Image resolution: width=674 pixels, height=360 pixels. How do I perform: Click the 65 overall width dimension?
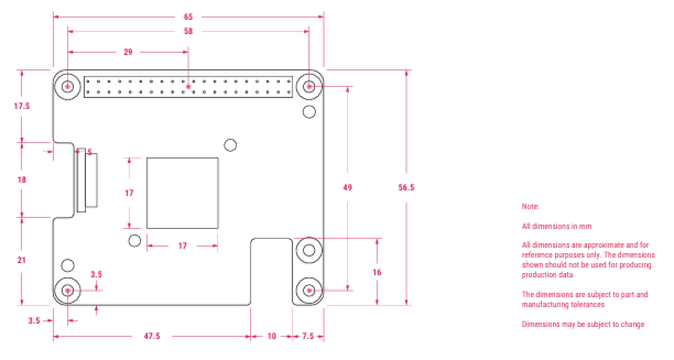coord(188,17)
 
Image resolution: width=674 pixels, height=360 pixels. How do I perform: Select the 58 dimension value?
coord(188,31)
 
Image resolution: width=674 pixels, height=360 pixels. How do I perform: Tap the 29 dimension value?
coord(128,52)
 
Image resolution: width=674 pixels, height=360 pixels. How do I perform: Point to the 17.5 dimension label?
coord(22,106)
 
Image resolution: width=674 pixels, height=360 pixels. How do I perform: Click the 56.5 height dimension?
coord(407,187)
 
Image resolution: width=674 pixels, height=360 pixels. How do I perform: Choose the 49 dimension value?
coord(347,187)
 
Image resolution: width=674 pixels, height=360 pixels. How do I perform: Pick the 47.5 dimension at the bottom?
coord(152,336)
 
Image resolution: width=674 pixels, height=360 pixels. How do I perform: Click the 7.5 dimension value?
coord(308,336)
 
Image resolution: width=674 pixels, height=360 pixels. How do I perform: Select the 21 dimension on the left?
coord(22,260)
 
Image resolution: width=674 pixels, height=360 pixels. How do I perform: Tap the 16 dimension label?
coord(377,272)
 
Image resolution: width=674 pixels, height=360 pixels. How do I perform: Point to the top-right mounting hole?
coord(310,86)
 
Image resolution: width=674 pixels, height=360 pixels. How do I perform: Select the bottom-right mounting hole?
coord(310,290)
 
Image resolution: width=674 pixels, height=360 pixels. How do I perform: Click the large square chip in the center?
coord(182,193)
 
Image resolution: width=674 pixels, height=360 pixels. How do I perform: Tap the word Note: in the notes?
coord(531,207)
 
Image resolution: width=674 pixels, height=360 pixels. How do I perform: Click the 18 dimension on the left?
coord(22,179)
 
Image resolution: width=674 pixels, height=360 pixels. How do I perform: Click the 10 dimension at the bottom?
coord(272,336)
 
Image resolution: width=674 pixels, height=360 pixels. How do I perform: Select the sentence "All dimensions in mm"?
coord(557,226)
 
